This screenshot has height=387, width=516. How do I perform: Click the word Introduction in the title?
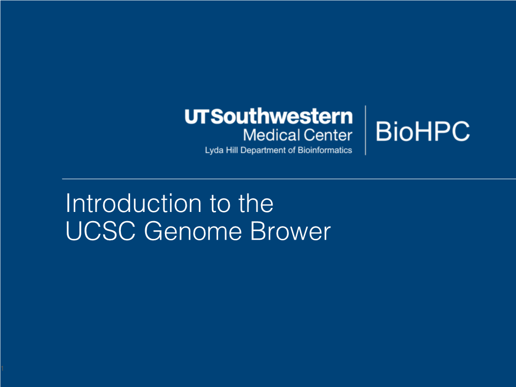(133, 203)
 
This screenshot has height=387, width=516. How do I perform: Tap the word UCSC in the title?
(101, 231)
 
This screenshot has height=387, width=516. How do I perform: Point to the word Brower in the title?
(290, 231)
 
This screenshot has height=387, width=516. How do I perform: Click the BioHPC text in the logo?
(422, 131)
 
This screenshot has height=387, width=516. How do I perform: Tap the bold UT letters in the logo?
(197, 116)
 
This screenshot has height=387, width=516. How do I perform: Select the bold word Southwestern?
(282, 116)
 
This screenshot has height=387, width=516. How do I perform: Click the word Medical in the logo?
(272, 135)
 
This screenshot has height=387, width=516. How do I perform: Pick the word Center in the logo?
(328, 135)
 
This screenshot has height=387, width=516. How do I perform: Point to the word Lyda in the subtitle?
(214, 150)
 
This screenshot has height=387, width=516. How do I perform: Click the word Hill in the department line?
(232, 150)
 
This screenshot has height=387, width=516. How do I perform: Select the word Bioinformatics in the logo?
(325, 150)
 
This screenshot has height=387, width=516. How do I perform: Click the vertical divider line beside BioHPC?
(365, 131)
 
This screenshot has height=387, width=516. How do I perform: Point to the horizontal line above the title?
(289, 179)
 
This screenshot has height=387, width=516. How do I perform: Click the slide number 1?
(3, 368)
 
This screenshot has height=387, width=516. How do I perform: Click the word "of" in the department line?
(292, 150)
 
